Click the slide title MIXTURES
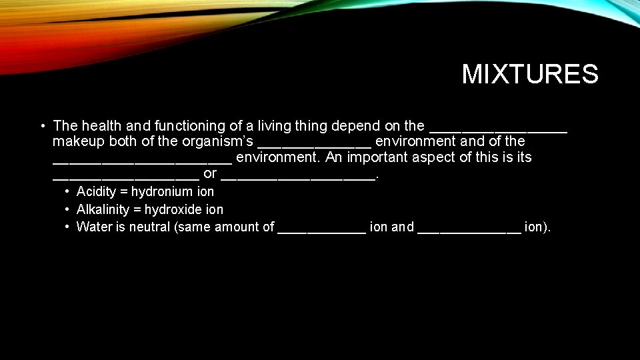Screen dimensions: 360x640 (530, 74)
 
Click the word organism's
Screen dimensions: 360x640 (217, 141)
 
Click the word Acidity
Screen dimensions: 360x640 (97, 192)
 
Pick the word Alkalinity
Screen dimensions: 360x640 (101, 209)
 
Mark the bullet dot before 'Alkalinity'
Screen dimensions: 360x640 (68, 209)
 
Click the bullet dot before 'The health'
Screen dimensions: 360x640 (42, 125)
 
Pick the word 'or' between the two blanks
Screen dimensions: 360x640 (210, 173)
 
